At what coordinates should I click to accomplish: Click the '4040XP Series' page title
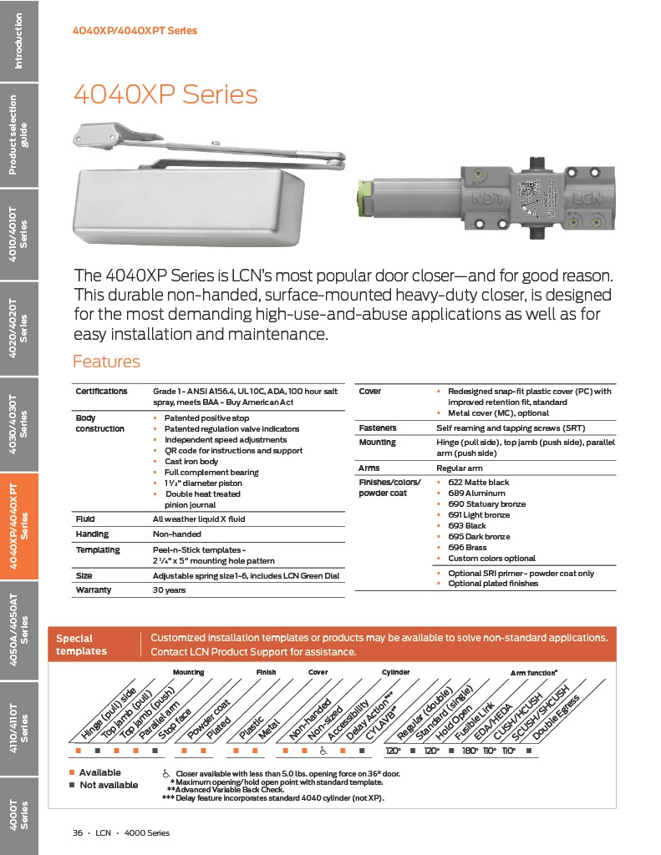click(165, 94)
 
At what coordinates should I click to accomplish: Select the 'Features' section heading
click(106, 362)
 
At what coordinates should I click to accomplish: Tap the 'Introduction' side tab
click(18, 41)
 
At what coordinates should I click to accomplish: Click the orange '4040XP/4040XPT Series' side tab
click(18, 525)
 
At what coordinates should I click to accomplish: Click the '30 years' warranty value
click(170, 589)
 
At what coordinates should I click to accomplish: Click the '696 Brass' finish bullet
click(468, 547)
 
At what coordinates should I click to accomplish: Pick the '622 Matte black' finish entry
click(478, 483)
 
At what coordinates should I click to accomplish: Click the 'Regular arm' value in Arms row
click(459, 468)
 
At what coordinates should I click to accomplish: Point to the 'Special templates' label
click(81, 645)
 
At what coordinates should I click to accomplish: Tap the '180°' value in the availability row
click(469, 751)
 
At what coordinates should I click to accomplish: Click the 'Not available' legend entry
click(108, 785)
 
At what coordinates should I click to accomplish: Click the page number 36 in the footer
click(77, 832)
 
